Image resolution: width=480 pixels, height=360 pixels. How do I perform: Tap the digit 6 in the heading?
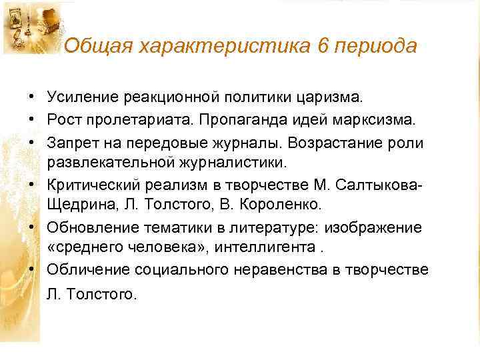pyautogui.click(x=315, y=46)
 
